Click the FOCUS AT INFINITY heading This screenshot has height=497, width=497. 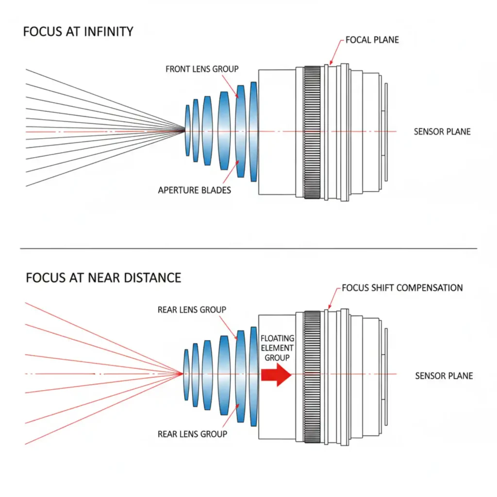tap(78, 32)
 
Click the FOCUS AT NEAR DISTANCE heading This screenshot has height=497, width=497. tap(103, 278)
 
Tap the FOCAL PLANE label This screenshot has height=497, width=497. tap(372, 40)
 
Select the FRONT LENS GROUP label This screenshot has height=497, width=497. tap(202, 69)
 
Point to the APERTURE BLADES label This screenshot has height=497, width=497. tap(194, 190)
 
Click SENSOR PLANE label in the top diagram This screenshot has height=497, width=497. tap(442, 132)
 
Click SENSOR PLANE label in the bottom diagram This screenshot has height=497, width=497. tap(444, 376)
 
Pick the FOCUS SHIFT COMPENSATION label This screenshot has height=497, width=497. tap(402, 288)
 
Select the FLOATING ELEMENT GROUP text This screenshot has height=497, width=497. tap(277, 348)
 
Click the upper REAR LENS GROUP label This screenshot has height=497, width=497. tap(192, 310)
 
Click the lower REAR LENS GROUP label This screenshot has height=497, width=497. tap(192, 434)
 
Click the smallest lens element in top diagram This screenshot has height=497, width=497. tap(187, 131)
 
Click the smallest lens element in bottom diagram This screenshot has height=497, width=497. tap(186, 374)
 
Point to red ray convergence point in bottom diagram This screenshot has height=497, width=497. tap(182, 374)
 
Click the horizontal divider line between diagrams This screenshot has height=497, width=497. tap(248, 248)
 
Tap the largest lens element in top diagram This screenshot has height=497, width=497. tap(253, 132)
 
